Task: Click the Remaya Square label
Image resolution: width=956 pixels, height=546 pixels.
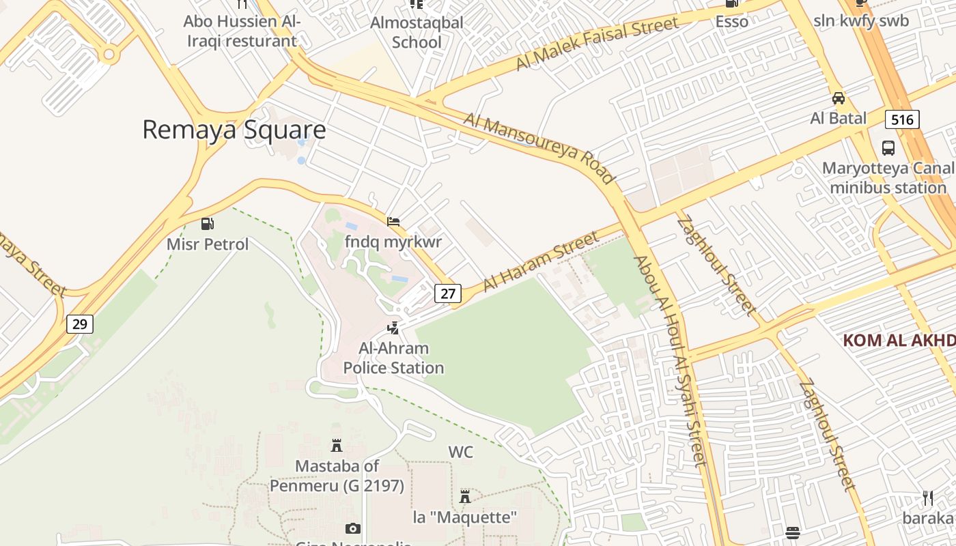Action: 234,130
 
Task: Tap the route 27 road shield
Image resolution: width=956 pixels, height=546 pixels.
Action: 447,293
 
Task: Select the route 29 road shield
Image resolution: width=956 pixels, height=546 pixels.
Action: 80,324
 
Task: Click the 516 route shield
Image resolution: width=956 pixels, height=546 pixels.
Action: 901,120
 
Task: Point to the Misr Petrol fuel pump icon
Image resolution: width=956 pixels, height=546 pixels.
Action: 207,224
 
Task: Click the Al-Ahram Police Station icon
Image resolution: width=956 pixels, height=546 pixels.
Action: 393,328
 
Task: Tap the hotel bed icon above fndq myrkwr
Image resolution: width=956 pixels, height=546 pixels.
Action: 393,222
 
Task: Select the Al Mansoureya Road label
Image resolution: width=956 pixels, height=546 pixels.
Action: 539,149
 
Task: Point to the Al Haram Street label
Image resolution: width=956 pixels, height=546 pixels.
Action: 541,261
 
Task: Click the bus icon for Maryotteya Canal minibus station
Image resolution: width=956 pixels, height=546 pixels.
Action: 888,147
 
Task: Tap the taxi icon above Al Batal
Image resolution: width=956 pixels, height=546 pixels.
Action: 838,98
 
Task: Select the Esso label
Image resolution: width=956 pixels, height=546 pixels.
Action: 732,21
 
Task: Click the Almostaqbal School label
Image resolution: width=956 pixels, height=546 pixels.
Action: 417,32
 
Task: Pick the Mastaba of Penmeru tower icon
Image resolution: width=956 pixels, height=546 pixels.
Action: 336,446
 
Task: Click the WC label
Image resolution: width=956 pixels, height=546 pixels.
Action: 460,452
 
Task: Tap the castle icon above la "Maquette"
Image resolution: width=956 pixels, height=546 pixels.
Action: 465,496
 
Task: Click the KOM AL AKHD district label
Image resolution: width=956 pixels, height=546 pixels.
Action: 898,340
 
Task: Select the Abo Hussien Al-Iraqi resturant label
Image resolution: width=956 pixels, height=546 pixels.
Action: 242,31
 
